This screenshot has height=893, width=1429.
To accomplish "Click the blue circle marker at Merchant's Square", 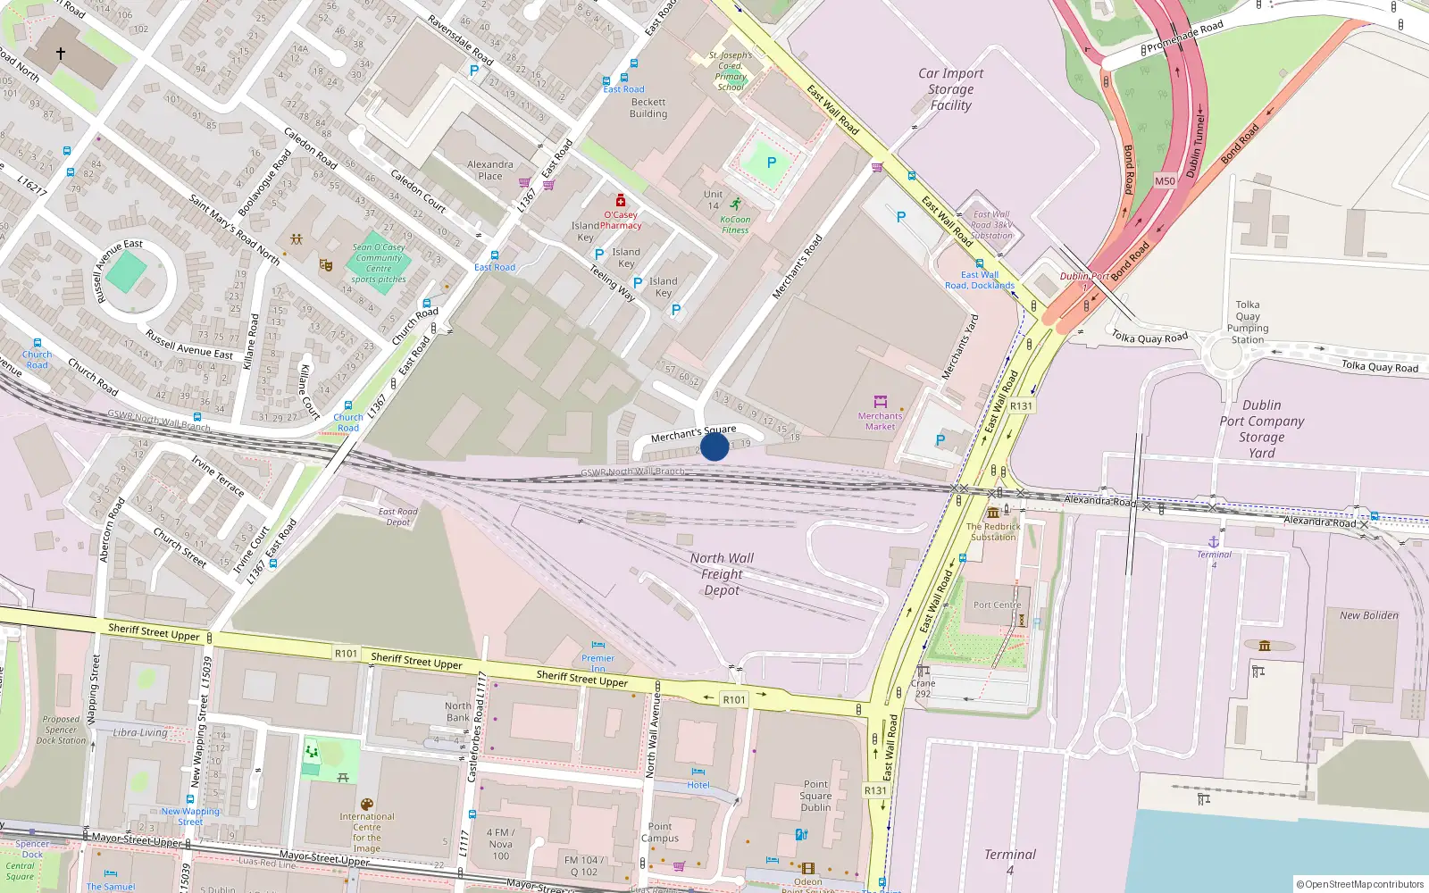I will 714,446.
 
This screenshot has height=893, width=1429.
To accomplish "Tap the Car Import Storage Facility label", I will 950,89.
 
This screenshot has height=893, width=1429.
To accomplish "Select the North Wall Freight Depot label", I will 722,573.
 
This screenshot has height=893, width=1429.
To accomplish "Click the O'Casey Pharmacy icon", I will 621,201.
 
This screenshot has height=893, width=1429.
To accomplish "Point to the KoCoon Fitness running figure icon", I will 735,204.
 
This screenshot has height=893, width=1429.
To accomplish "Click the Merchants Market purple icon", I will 880,402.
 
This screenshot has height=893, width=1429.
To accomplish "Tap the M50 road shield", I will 1165,180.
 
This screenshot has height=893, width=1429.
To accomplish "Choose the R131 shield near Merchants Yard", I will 1021,406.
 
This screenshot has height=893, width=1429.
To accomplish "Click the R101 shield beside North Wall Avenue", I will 733,699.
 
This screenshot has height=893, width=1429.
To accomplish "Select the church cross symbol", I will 61,54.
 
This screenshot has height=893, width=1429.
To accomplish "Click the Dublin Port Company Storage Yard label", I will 1261,429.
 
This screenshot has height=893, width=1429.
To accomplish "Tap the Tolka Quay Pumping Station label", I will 1248,321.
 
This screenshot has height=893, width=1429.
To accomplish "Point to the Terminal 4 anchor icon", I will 1214,541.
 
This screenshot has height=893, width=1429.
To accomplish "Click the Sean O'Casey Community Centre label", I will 379,263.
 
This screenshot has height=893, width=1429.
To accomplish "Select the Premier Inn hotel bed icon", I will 598,645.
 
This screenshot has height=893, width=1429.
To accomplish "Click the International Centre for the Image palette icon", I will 366,805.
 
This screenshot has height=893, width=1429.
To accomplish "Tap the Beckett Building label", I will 648,108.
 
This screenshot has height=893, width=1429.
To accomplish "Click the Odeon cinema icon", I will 807,868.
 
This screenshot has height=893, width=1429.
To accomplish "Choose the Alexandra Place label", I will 490,170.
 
